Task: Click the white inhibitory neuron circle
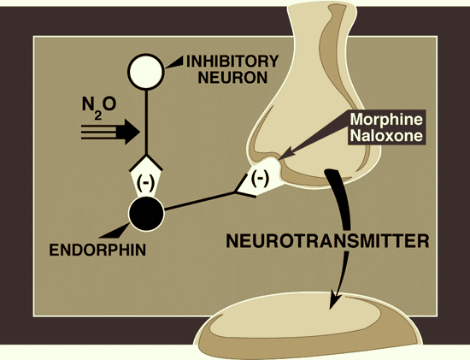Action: pyautogui.click(x=146, y=71)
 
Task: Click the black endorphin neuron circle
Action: pyautogui.click(x=146, y=213)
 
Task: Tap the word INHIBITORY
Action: pyautogui.click(x=232, y=62)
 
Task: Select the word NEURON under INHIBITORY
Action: pyautogui.click(x=232, y=78)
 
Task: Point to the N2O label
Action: pyautogui.click(x=99, y=108)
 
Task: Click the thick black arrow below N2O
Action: pyautogui.click(x=110, y=132)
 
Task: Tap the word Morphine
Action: pyautogui.click(x=386, y=120)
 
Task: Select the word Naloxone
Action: pyautogui.click(x=386, y=136)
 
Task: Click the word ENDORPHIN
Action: pyautogui.click(x=97, y=250)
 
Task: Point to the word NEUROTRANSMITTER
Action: pyautogui.click(x=327, y=240)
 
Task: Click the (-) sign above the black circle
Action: pyautogui.click(x=145, y=182)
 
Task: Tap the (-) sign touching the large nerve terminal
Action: pyautogui.click(x=260, y=178)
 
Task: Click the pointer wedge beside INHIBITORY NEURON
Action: pyautogui.click(x=173, y=62)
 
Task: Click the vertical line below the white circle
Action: pyautogui.click(x=146, y=122)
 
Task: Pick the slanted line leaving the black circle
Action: pyautogui.click(x=200, y=201)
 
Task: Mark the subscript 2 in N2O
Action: pyautogui.click(x=97, y=115)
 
